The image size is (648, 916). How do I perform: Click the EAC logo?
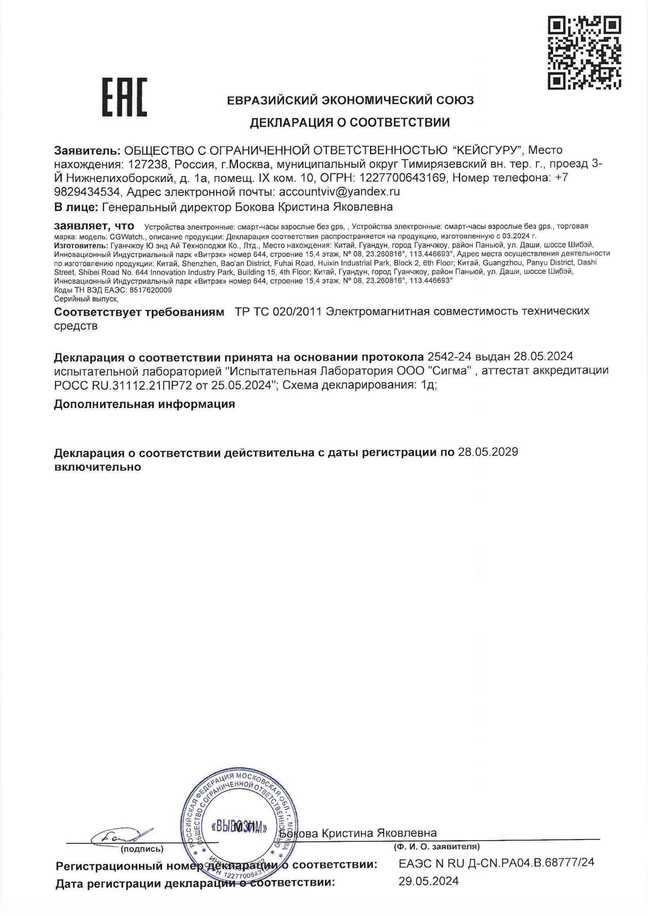125,97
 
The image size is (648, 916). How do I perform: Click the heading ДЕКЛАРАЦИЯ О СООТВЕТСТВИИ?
350,122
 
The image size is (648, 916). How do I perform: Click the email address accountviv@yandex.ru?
340,191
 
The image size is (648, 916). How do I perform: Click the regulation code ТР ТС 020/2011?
278,311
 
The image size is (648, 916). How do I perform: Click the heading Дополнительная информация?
144,404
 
